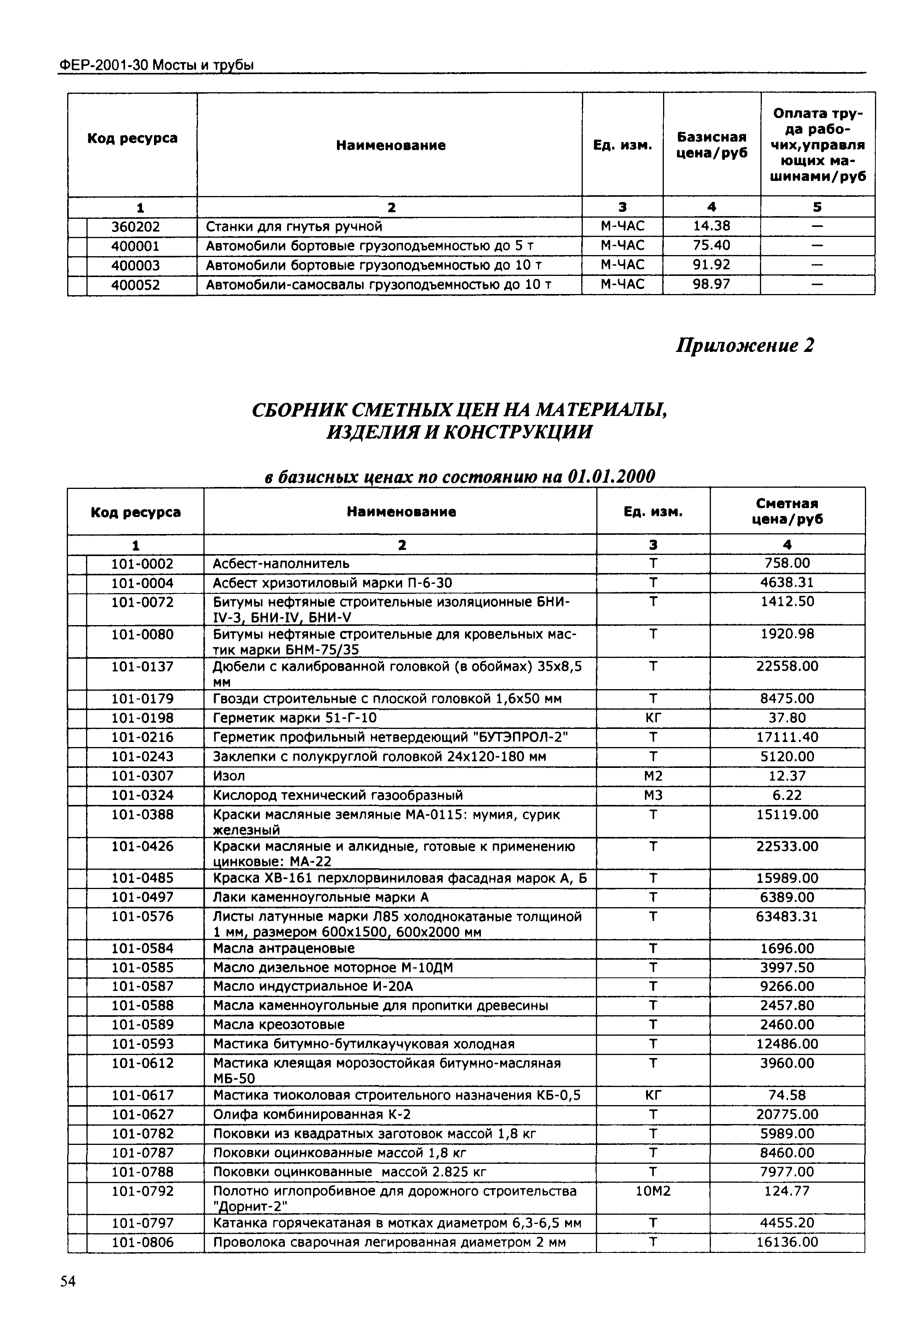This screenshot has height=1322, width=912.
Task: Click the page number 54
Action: click(x=68, y=1281)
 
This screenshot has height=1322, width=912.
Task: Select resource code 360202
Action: click(x=135, y=227)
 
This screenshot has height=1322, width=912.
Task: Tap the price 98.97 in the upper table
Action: click(x=711, y=284)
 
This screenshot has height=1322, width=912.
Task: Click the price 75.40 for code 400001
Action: click(x=711, y=246)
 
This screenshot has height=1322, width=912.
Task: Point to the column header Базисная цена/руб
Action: click(x=711, y=145)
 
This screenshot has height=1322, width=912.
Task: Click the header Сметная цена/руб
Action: click(x=787, y=511)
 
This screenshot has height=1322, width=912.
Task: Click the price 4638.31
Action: click(x=787, y=583)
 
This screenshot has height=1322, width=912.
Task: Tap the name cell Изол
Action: click(x=229, y=776)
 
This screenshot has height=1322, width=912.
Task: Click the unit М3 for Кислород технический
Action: click(x=653, y=795)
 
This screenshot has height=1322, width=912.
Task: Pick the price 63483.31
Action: click(x=787, y=917)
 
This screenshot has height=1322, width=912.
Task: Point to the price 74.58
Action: click(x=787, y=1095)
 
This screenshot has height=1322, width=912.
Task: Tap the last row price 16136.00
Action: click(x=787, y=1243)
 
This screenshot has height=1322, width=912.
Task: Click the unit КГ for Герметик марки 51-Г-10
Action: click(x=653, y=718)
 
